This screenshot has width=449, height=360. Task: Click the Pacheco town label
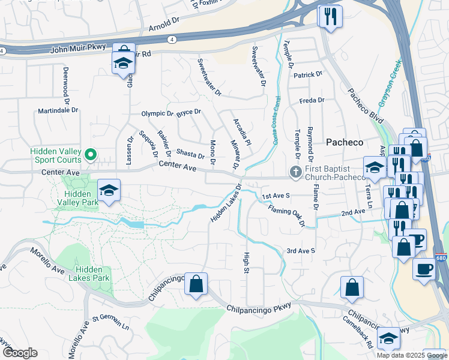[345, 142]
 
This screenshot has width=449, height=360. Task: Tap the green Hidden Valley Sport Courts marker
[91, 155]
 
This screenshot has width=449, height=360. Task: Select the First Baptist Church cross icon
[295, 172]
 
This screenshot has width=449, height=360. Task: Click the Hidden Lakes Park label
[92, 274]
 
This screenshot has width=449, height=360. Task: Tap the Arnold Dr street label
[163, 28]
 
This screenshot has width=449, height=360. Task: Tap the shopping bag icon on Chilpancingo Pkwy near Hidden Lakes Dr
[196, 284]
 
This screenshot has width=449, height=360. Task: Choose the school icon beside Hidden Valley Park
[108, 191]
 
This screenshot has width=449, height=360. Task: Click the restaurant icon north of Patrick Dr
[330, 17]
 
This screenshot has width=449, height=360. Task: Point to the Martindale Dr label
[58, 110]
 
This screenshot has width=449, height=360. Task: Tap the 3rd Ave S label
[300, 250]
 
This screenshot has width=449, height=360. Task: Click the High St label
[246, 263]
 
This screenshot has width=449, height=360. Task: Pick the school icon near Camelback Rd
[388, 340]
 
